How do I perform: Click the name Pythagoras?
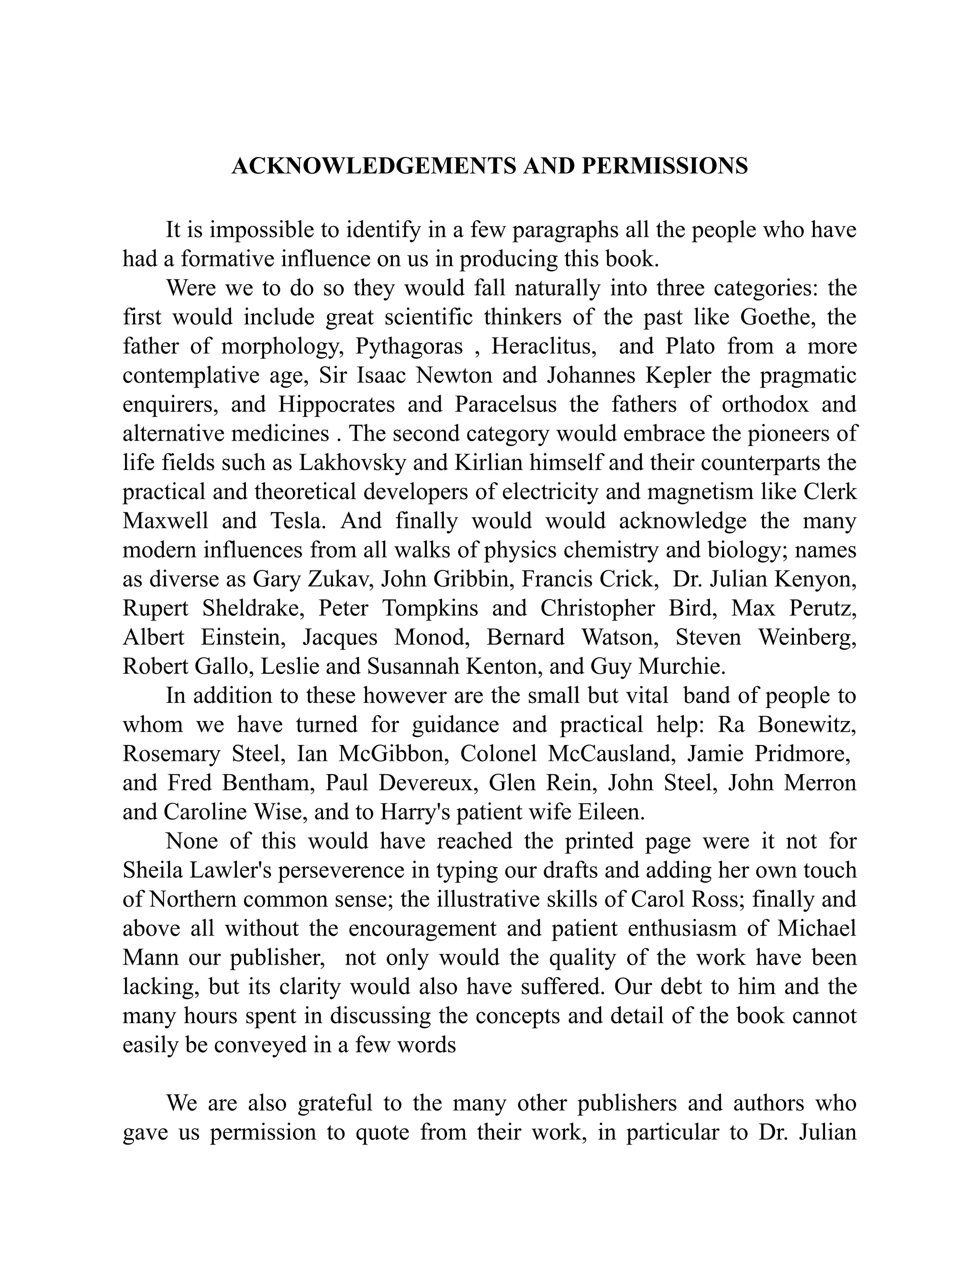409,346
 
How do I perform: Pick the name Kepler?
678,376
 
